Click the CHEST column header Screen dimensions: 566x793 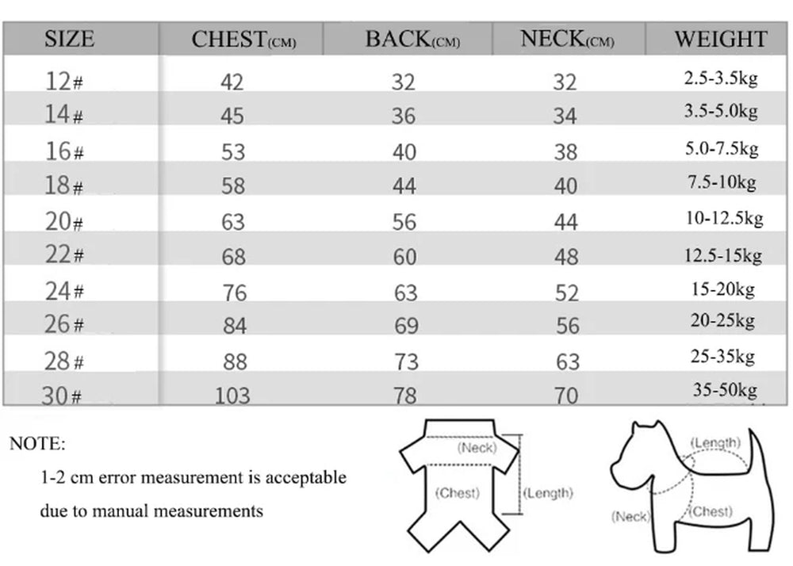[x=243, y=40]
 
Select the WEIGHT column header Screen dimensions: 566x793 [x=720, y=39]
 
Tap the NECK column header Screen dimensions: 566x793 [x=566, y=39]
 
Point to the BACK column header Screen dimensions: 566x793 [x=412, y=40]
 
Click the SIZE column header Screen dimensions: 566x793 [x=69, y=39]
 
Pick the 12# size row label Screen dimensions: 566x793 [x=64, y=81]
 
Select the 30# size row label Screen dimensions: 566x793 [x=63, y=395]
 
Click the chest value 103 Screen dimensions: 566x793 [x=232, y=395]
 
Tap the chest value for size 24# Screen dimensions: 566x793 [x=233, y=293]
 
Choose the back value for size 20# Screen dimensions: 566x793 [x=404, y=222]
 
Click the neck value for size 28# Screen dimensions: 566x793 [x=566, y=361]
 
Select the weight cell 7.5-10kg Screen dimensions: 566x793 [x=721, y=182]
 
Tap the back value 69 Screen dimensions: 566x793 [x=405, y=325]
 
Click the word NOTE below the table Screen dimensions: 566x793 [x=37, y=443]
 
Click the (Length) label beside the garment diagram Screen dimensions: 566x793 [x=548, y=493]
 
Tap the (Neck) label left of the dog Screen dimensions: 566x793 [x=630, y=517]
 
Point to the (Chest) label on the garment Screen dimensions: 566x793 [x=458, y=493]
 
